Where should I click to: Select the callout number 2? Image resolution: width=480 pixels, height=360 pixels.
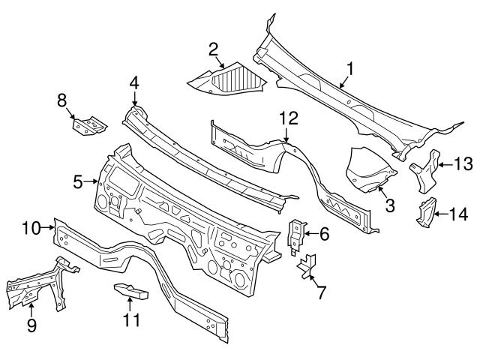(213, 49)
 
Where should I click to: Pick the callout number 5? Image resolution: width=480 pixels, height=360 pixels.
(79, 180)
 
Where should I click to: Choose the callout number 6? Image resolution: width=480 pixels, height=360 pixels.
(324, 234)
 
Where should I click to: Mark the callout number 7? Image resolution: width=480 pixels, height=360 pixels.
(321, 292)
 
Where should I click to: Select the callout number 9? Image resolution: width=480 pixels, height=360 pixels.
(31, 325)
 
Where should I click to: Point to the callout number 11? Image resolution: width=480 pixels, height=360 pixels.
(132, 320)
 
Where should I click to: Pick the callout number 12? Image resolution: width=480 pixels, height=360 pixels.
(289, 117)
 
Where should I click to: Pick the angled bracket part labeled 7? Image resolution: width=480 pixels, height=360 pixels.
(308, 265)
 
